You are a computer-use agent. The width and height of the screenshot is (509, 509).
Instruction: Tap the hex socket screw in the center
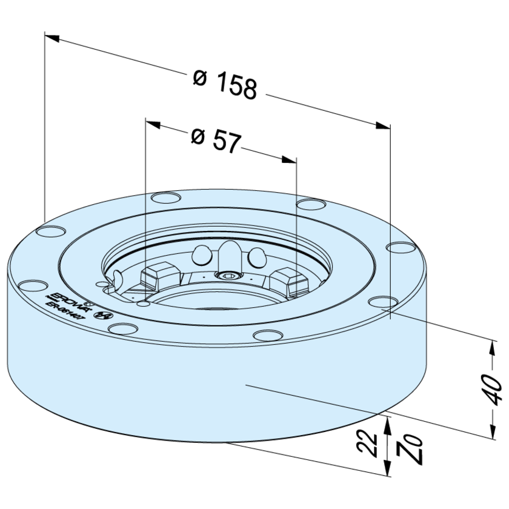point(229,276)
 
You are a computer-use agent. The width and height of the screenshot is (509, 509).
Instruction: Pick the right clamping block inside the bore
point(285,281)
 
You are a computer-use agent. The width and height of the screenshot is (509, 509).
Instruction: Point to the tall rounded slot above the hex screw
point(228,254)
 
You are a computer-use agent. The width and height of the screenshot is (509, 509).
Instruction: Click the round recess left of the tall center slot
point(200,258)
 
